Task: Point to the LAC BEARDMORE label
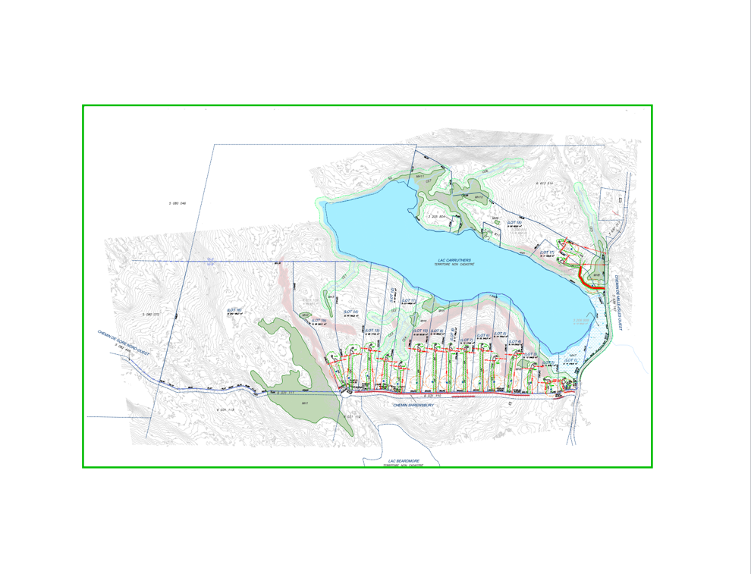point(403,460)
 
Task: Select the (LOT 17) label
point(547,252)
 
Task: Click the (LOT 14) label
point(350,312)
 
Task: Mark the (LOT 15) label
point(319,321)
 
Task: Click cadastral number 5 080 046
point(178,203)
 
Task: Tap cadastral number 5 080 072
point(151,314)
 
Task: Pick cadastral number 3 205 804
point(439,216)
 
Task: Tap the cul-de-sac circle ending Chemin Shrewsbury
point(345,393)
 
